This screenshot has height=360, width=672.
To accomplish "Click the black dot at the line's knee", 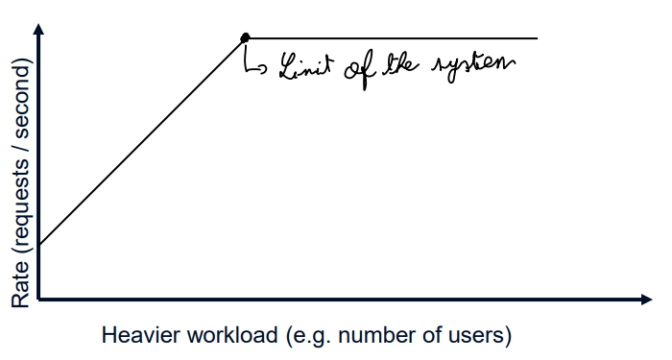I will coord(246,37).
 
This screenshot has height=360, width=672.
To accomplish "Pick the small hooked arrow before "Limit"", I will coord(256,65).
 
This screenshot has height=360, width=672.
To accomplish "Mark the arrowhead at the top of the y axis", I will coord(39,29).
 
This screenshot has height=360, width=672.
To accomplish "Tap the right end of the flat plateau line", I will coord(537,38).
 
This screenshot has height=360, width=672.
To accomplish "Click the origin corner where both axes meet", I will coord(39,300).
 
